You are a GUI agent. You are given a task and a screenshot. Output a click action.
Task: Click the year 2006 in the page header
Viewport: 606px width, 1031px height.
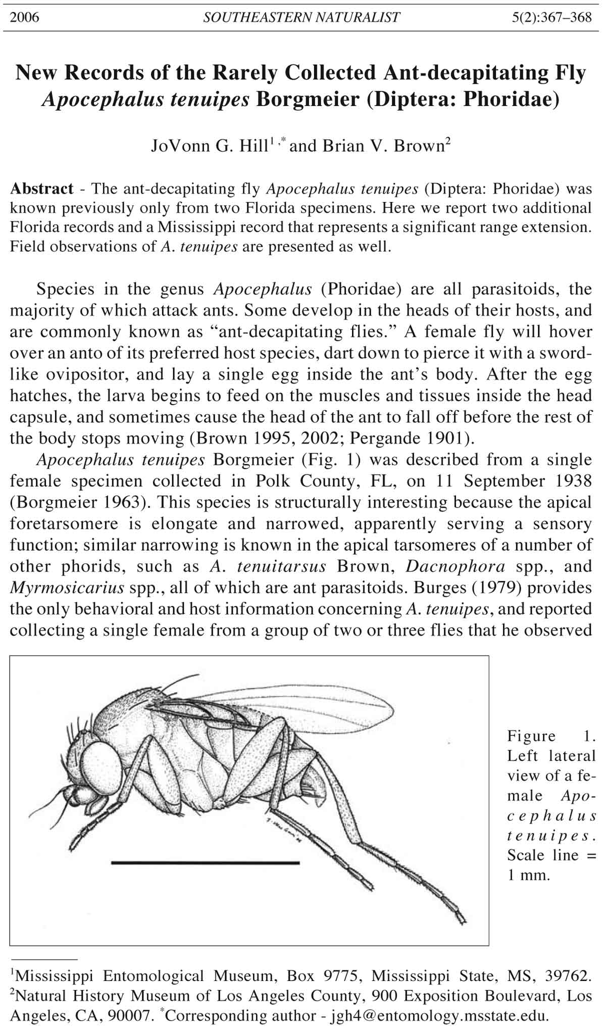pyautogui.click(x=24, y=18)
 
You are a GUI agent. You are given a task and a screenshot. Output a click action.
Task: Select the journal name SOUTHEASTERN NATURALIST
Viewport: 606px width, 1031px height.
pyautogui.click(x=301, y=18)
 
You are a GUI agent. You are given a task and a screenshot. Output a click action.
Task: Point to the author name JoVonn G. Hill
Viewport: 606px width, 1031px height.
pyautogui.click(x=209, y=146)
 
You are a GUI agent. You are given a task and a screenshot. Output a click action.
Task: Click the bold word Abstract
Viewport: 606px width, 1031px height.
pyautogui.click(x=42, y=189)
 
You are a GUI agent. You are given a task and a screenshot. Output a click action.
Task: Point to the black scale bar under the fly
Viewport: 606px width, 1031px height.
pyautogui.click(x=205, y=863)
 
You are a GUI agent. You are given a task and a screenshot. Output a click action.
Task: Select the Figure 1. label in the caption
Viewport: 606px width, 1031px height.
pyautogui.click(x=551, y=736)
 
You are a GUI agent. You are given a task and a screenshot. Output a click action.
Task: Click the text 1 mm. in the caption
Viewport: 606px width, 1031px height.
pyautogui.click(x=528, y=875)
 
